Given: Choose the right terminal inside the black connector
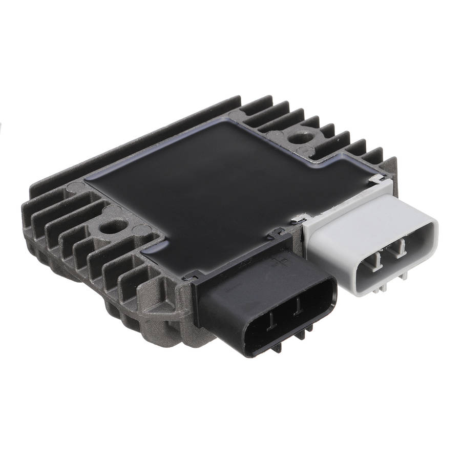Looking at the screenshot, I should [x=297, y=310].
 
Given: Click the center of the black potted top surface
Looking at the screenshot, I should [x=215, y=184].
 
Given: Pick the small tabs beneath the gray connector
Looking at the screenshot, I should [x=382, y=290].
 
